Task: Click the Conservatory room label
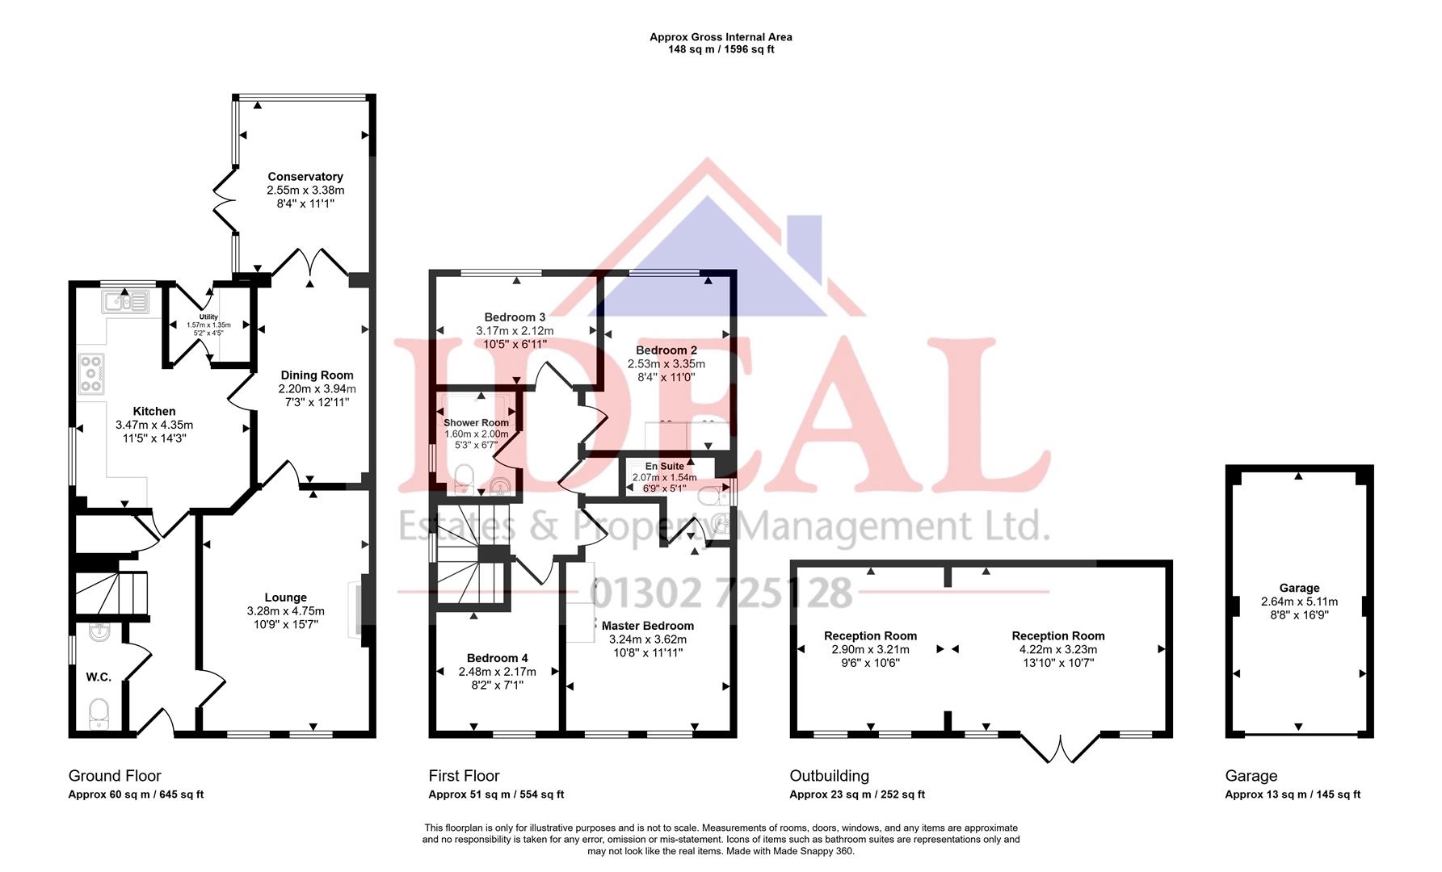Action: click(305, 177)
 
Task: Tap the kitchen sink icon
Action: click(125, 303)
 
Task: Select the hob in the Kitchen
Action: click(91, 374)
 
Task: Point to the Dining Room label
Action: click(317, 375)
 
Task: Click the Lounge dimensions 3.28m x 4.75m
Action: click(286, 612)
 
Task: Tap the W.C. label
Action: click(99, 677)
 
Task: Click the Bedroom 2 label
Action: click(666, 350)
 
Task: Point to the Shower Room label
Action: click(476, 423)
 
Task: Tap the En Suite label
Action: click(664, 467)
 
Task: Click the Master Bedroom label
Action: click(647, 626)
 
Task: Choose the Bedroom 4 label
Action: click(497, 658)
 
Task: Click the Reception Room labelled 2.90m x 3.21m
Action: click(870, 635)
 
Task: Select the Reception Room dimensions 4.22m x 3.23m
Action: click(1057, 649)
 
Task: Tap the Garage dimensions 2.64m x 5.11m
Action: click(1299, 602)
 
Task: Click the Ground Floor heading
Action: click(115, 776)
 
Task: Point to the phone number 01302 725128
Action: click(721, 593)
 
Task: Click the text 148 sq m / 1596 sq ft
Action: click(721, 49)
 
